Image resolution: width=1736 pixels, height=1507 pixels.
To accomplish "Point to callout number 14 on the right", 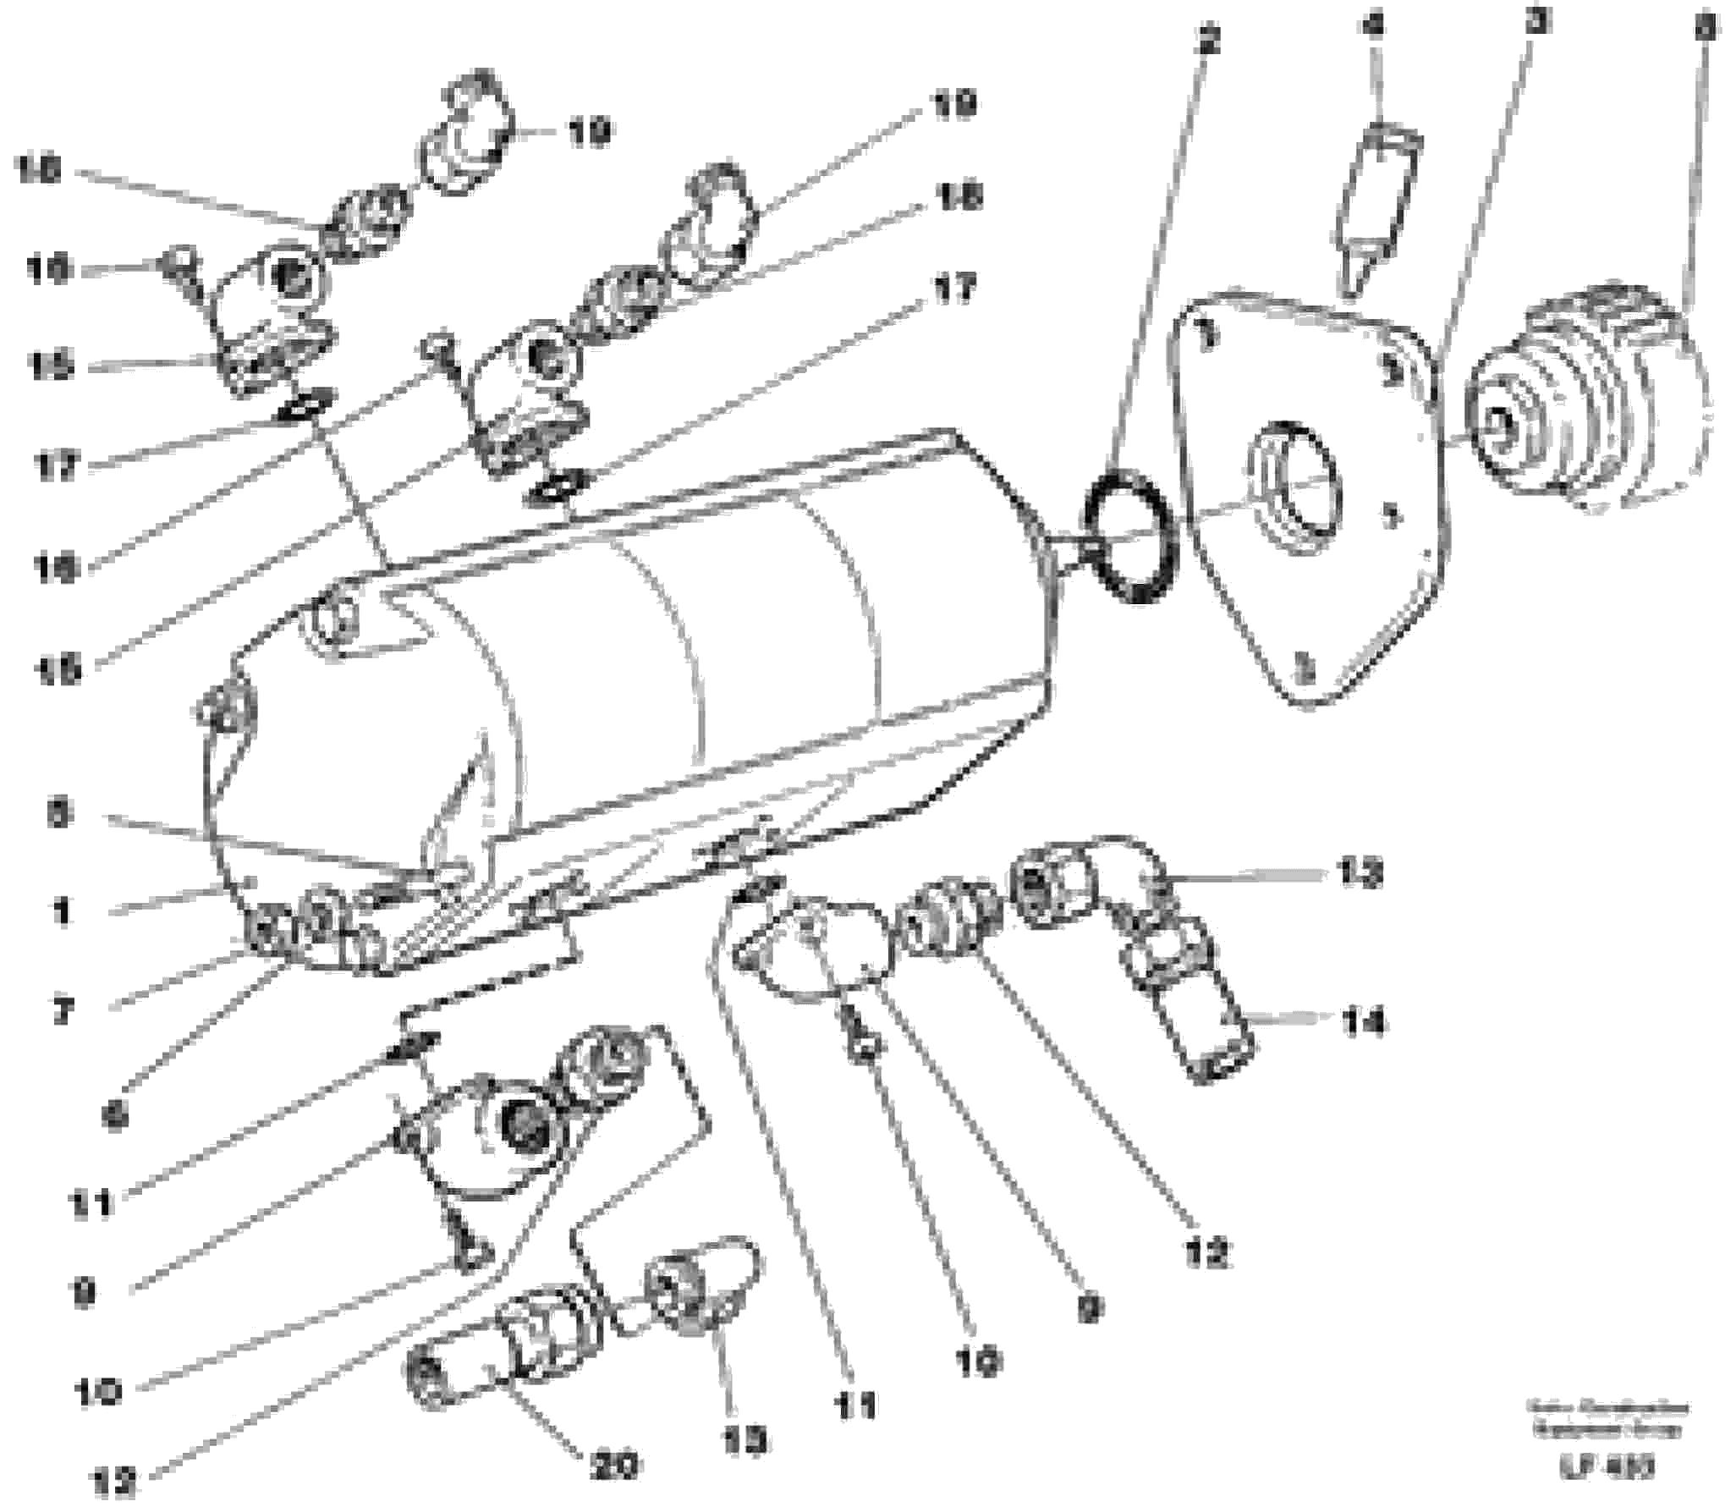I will pyautogui.click(x=1362, y=1024).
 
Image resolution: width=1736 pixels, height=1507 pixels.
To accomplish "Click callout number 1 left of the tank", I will pyautogui.click(x=62, y=912).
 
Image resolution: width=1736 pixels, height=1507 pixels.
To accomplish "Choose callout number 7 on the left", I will pyautogui.click(x=62, y=1011).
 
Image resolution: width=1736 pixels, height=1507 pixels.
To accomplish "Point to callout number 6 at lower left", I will pyautogui.click(x=116, y=1116).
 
